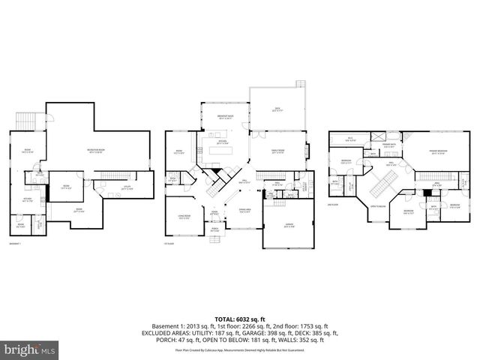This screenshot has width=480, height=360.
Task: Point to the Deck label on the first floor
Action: (277, 109)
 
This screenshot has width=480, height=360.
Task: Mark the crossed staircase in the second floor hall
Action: (385, 183)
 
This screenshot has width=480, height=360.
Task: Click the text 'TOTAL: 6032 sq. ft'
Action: (240, 318)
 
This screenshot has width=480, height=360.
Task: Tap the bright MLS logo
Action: (31, 349)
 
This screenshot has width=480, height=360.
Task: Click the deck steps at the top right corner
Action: (301, 84)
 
